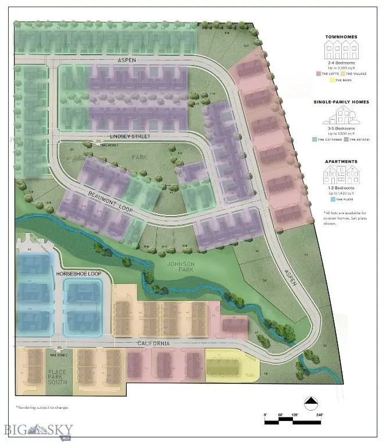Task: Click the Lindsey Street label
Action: coord(130,136)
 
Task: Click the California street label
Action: coord(154,344)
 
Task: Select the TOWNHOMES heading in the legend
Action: coord(342,37)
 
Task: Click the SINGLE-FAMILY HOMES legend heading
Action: coord(342,102)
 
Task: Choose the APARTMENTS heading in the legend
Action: coord(342,161)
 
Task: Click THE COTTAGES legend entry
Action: coord(327,139)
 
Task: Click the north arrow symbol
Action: coord(310,401)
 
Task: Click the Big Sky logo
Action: coord(32,430)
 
